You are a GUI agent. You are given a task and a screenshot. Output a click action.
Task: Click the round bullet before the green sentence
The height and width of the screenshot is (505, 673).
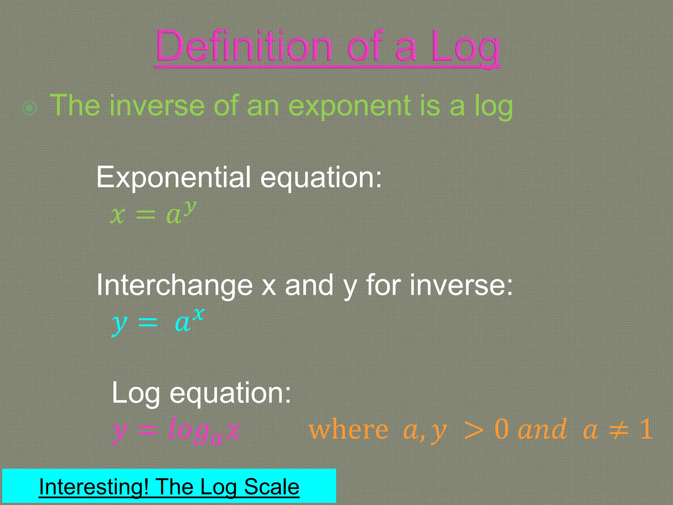pos(29,108)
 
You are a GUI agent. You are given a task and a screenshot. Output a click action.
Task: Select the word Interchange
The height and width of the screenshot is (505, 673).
pos(174,285)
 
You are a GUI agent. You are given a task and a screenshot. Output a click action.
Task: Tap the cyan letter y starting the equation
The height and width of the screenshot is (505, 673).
pos(119,324)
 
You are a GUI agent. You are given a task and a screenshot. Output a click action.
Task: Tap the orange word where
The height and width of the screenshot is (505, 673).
pos(349,430)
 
